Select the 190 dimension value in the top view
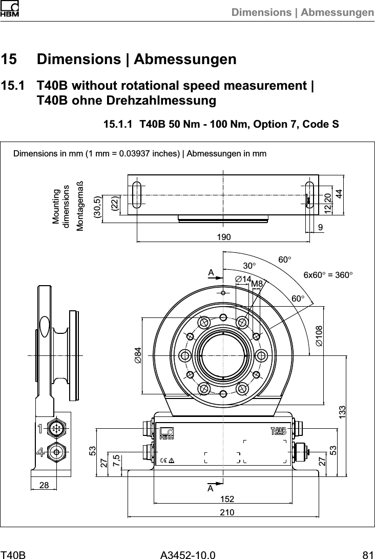coord(223,237)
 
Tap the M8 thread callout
coord(257,283)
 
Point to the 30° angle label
coord(249,266)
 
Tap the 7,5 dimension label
coord(117,460)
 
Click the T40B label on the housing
coord(278,430)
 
